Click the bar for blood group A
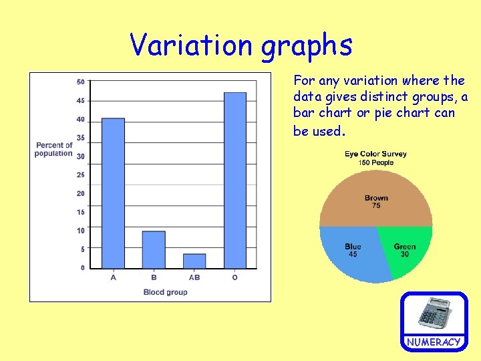click(x=113, y=193)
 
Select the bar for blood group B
click(x=154, y=249)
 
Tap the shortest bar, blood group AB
click(x=194, y=261)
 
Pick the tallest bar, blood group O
click(x=235, y=180)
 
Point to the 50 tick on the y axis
click(x=80, y=82)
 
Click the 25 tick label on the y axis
click(x=80, y=175)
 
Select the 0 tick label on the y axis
click(x=82, y=268)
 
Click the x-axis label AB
click(x=194, y=277)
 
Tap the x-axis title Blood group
click(x=166, y=292)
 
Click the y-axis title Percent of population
click(x=54, y=149)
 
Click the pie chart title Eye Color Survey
click(x=375, y=154)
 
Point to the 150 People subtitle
click(x=376, y=162)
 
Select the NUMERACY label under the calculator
click(x=434, y=342)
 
